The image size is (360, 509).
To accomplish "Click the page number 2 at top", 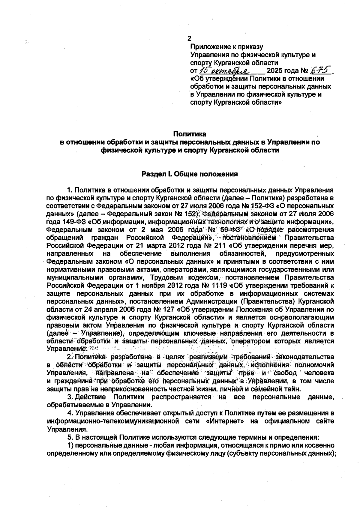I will [x=189, y=39].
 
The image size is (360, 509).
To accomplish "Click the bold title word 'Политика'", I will [x=190, y=134].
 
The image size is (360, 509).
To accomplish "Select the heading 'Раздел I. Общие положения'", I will [x=190, y=174].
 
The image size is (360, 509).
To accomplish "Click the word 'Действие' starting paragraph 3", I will [x=90, y=397].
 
